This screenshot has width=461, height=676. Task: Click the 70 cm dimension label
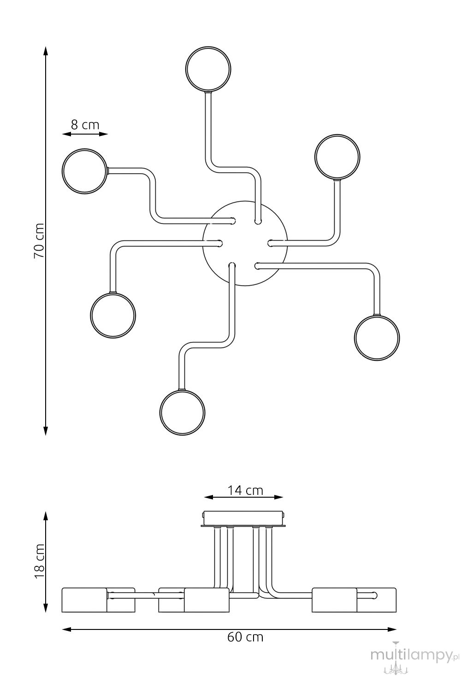pos(39,241)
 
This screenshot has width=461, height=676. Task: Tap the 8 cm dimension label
pos(85,124)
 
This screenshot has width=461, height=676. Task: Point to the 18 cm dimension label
pos(39,561)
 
